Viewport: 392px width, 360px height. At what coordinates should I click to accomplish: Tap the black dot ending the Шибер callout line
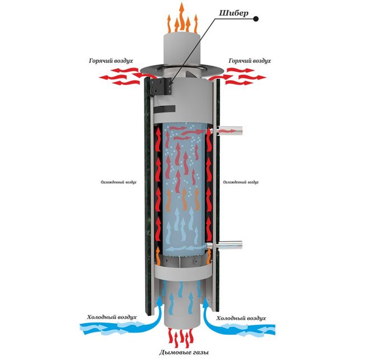[x=256, y=18]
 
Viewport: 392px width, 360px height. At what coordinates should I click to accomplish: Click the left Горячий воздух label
[x=111, y=60]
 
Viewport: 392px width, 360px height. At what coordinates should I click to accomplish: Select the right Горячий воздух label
[x=250, y=60]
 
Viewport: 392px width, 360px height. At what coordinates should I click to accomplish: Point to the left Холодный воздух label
[x=111, y=317]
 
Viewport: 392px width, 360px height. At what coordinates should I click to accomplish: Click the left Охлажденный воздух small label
[x=118, y=183]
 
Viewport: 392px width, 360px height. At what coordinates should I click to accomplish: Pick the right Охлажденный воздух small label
[x=241, y=183]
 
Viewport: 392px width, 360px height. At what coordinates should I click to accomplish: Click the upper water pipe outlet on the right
[x=230, y=130]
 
